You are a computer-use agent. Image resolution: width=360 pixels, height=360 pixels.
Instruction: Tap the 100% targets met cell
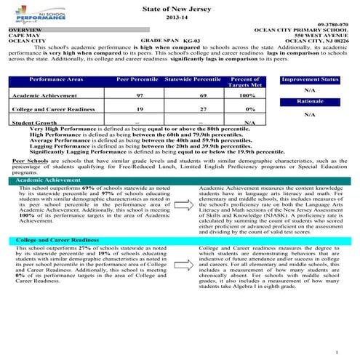[x=239, y=95]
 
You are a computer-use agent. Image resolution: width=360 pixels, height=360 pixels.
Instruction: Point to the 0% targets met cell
[x=239, y=109]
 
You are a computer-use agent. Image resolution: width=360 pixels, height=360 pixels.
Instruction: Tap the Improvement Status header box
[x=309, y=78]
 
